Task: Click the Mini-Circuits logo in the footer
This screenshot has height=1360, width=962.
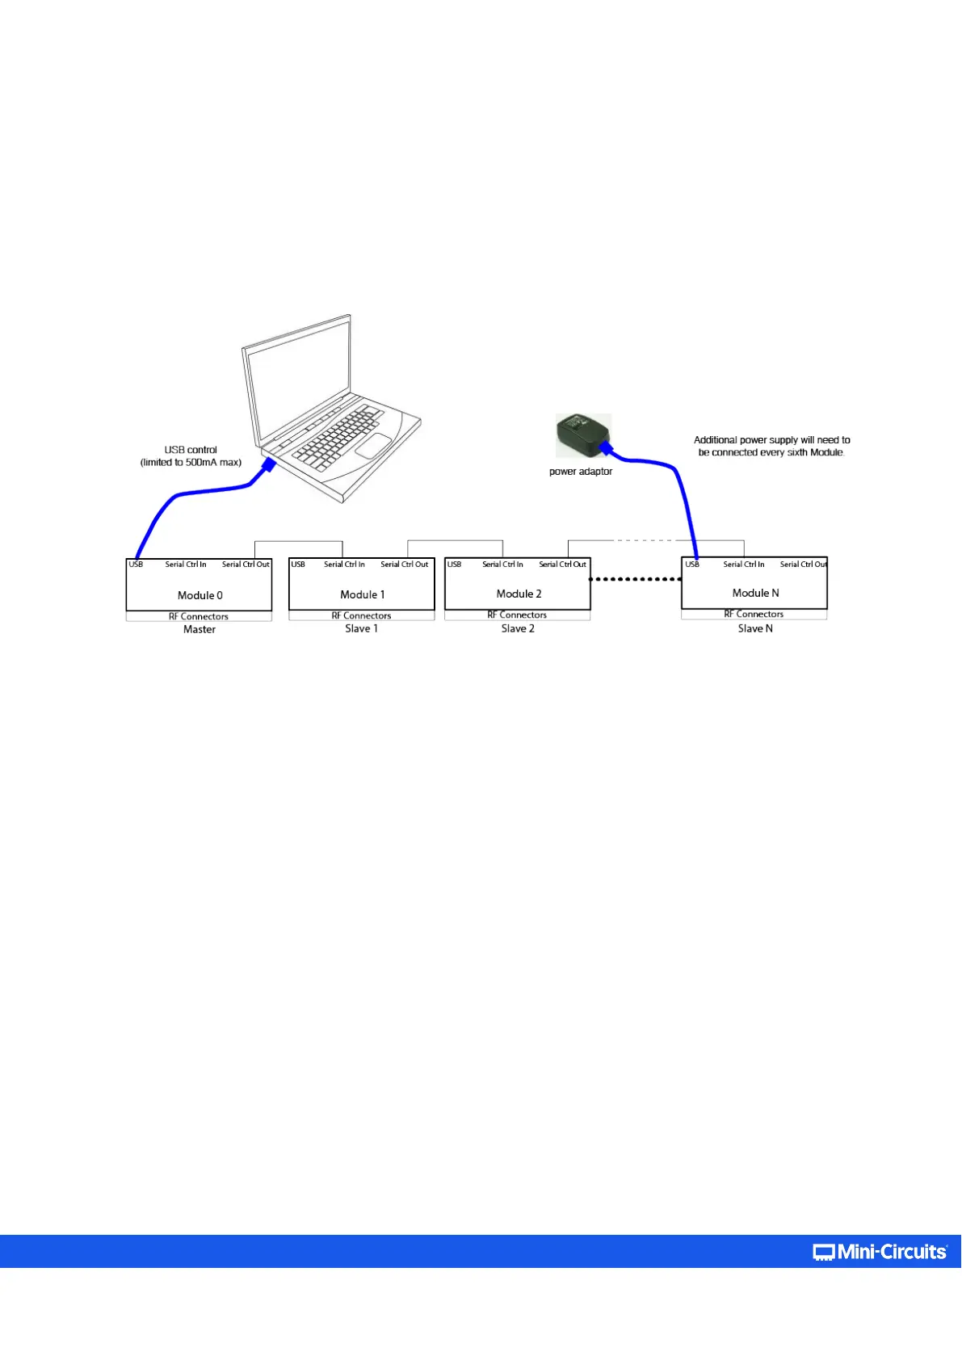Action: click(880, 1252)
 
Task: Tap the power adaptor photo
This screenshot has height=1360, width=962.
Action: click(582, 435)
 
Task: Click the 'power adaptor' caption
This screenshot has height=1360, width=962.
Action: click(580, 472)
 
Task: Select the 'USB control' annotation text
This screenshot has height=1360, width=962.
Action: click(191, 451)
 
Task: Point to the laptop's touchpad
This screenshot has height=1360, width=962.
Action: click(373, 446)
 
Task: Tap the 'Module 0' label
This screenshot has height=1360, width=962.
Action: click(200, 595)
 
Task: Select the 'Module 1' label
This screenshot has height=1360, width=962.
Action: click(362, 594)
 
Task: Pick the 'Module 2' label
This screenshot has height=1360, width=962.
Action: click(519, 594)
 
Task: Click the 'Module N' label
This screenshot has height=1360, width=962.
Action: click(755, 593)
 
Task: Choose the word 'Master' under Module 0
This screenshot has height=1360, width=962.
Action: click(200, 630)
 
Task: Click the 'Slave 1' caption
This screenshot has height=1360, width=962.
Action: click(361, 628)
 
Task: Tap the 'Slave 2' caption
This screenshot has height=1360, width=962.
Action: click(518, 628)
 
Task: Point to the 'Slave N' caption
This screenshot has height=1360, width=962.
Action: click(755, 628)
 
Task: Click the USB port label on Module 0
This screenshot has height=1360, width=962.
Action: click(136, 565)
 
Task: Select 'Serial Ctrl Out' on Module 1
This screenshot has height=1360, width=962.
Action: click(404, 565)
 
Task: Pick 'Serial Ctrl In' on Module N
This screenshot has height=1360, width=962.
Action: click(743, 565)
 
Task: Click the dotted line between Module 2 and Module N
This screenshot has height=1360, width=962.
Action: click(636, 579)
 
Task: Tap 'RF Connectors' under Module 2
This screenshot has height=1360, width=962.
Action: click(517, 615)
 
